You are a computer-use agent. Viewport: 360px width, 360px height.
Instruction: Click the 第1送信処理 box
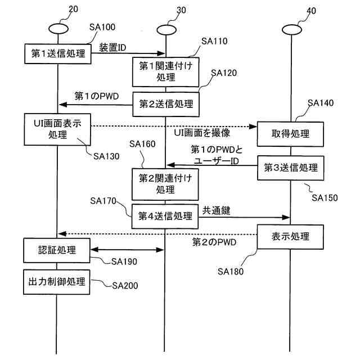(57, 54)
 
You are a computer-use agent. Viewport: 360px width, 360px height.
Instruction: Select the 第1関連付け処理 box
(165, 71)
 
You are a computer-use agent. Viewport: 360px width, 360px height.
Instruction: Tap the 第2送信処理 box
(165, 103)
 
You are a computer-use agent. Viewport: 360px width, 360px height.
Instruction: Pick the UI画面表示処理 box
(57, 129)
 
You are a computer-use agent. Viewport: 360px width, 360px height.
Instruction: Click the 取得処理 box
(290, 134)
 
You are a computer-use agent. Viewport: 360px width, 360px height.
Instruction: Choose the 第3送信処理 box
(290, 168)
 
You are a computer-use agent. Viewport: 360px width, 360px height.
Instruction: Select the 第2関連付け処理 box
(165, 184)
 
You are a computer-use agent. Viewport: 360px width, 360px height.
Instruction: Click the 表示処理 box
(290, 236)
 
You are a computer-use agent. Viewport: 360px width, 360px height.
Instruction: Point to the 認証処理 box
(57, 249)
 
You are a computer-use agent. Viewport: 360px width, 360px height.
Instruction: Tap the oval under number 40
(291, 29)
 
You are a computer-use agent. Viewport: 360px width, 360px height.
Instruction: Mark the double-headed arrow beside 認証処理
(128, 249)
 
